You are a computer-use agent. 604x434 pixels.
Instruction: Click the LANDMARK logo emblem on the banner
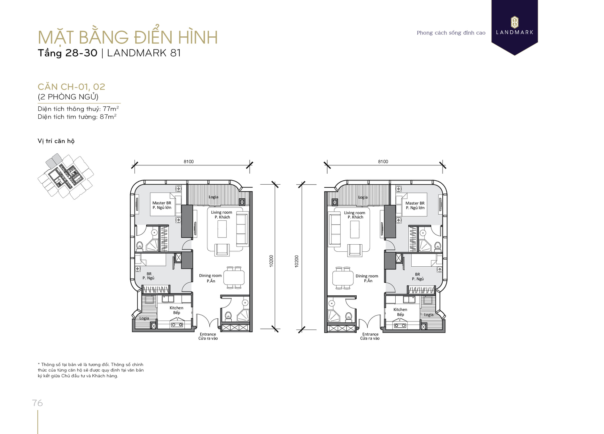point(515,22)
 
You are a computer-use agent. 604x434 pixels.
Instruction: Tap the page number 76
point(37,403)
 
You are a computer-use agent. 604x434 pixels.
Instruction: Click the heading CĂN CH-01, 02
point(71,87)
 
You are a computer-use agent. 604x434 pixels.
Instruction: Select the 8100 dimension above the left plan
point(189,162)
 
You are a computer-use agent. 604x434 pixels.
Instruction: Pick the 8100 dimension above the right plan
point(383,162)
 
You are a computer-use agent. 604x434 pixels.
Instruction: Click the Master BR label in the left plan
point(162,203)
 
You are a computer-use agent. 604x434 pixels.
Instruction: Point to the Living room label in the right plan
point(354,213)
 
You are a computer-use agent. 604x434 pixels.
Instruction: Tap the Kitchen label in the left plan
point(176,308)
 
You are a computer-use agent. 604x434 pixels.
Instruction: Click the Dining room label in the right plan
point(367,276)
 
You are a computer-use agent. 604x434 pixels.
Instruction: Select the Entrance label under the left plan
point(208,334)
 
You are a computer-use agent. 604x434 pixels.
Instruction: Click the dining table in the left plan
point(234,278)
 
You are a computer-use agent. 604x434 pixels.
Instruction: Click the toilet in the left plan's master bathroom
point(139,246)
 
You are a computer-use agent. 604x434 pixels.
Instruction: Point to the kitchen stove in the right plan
point(400,325)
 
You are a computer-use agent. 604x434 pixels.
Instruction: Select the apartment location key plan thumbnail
point(66,176)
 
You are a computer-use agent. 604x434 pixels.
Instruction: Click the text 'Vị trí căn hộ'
point(56,141)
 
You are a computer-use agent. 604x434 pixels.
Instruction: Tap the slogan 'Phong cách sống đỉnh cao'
point(451,33)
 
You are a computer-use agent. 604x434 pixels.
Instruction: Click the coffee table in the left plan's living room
point(222,229)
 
